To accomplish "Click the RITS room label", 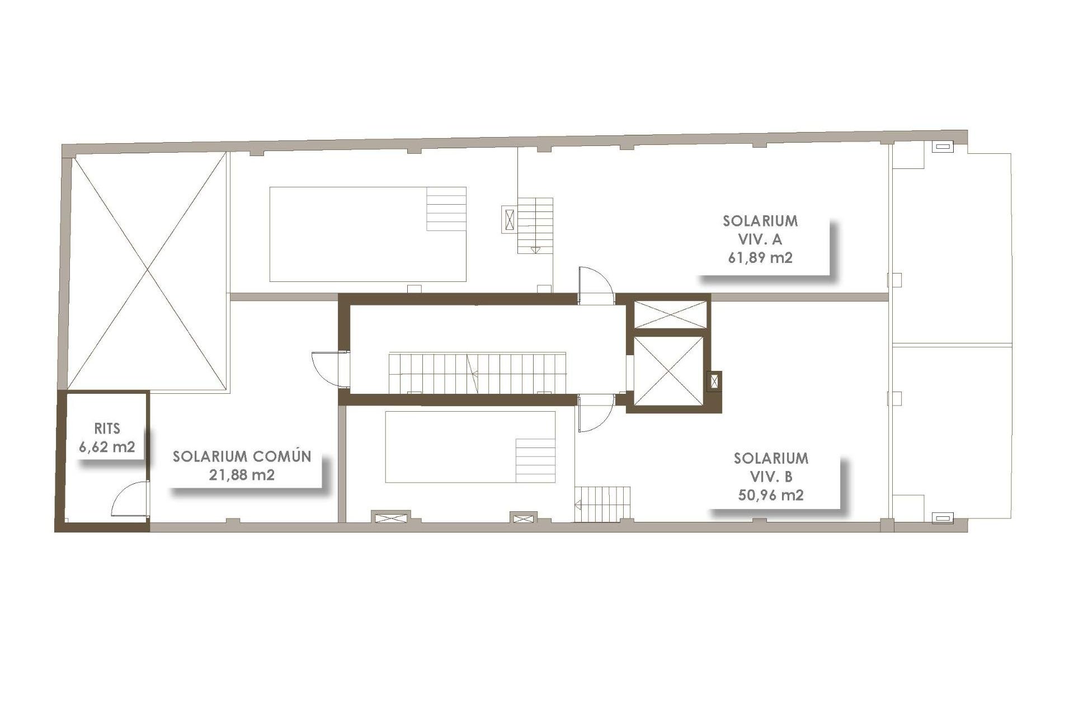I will [107, 429].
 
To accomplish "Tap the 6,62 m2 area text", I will [107, 447].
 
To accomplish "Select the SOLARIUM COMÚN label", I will [242, 456].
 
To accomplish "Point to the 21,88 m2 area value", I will [242, 475].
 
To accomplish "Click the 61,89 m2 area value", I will [760, 258].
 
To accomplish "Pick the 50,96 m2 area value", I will [771, 495].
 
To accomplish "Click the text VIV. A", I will [760, 239].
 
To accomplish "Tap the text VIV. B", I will [771, 477].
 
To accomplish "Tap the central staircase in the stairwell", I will [477, 373].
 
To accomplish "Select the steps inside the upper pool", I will [446, 209].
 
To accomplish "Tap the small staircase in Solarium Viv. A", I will [535, 225].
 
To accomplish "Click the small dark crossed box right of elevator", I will [715, 382].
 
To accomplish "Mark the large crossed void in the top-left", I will [148, 271].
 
